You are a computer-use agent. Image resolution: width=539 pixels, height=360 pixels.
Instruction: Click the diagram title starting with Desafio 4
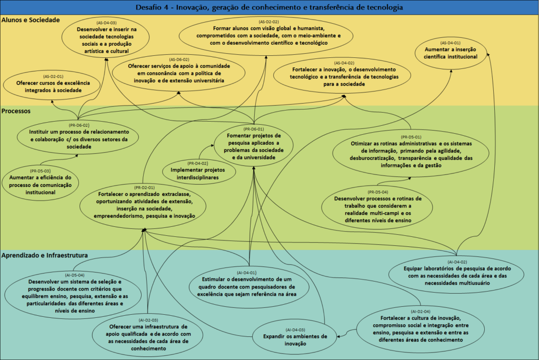click(x=269, y=7)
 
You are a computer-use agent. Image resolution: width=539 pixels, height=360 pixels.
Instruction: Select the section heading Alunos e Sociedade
click(x=30, y=20)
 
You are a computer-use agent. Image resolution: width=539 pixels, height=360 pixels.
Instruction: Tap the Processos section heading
click(x=16, y=111)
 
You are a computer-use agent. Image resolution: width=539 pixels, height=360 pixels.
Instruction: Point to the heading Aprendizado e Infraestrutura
click(x=44, y=255)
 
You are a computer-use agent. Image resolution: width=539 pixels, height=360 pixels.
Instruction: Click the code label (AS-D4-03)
click(x=106, y=23)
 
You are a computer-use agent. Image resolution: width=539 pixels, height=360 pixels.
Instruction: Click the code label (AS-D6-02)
click(x=179, y=59)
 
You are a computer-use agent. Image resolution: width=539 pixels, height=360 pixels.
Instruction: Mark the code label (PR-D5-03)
click(x=40, y=171)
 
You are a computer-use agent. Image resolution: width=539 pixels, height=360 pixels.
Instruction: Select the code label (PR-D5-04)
click(x=378, y=192)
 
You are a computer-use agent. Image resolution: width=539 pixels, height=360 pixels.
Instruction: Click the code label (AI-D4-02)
click(x=457, y=262)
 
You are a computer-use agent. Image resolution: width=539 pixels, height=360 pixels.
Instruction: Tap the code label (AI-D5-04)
click(x=75, y=275)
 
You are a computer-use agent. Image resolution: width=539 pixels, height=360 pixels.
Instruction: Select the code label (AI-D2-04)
click(x=420, y=312)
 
